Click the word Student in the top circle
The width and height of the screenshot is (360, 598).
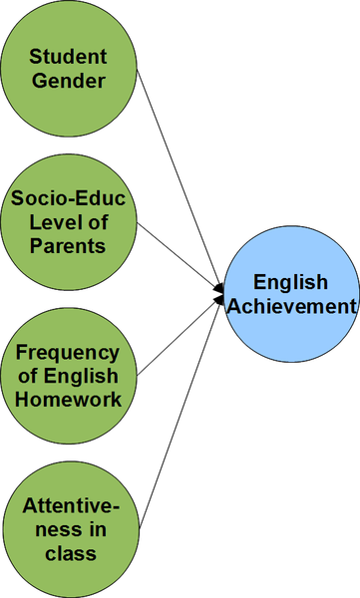coord(68,57)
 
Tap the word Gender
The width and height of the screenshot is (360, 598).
coord(69,81)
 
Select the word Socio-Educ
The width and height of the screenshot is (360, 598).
coord(68,198)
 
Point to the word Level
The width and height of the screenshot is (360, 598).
coord(51,222)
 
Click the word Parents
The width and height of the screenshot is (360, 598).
coord(68,245)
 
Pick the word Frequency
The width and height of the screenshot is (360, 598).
coord(67,354)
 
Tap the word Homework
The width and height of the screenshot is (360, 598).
coord(69,400)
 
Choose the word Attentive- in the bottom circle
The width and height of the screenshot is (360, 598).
coord(71,506)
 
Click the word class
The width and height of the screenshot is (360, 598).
coord(71,553)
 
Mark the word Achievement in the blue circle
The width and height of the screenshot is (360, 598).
coord(291,306)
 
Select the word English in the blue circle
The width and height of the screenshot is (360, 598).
coord(290,283)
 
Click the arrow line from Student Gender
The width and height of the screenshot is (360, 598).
coord(180,179)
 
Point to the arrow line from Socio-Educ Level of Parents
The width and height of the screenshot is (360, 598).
coord(180,256)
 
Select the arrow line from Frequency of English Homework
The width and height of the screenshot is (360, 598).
coord(180,337)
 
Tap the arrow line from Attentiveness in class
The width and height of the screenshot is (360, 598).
coord(180,414)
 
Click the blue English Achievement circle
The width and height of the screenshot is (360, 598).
coord(291,294)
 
